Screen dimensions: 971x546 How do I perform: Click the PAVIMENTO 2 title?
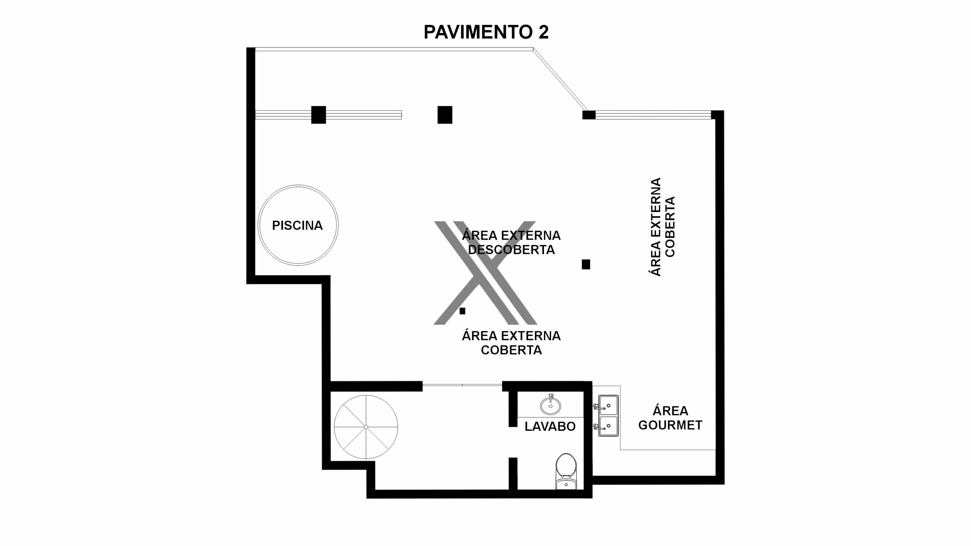(486, 32)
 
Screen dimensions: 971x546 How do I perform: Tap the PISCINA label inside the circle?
(297, 226)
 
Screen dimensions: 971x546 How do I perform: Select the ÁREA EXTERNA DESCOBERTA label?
(511, 243)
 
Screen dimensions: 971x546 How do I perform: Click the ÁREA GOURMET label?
(670, 418)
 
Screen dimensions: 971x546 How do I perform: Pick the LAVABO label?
(550, 426)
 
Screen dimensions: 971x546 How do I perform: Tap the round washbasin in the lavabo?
(550, 406)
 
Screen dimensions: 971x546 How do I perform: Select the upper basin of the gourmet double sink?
(609, 406)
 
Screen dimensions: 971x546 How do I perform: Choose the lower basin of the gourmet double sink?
(609, 427)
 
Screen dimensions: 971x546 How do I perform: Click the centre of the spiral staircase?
(366, 427)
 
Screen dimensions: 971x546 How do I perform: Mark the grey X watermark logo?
(485, 273)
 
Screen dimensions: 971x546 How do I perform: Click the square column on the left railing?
(319, 115)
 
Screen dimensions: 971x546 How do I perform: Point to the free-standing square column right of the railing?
(445, 115)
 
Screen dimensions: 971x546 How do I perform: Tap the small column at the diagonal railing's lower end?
(589, 115)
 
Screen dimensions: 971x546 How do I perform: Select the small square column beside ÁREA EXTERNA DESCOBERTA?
(586, 264)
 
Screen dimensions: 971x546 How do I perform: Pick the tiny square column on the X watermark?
(462, 311)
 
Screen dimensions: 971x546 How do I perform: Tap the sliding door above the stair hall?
(462, 385)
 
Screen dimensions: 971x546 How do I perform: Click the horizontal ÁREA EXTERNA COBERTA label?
(511, 343)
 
